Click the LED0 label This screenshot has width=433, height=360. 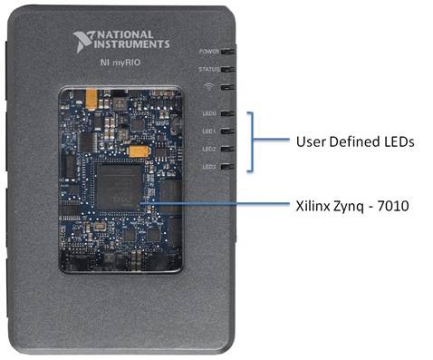(208, 114)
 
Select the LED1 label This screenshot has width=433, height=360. (208, 131)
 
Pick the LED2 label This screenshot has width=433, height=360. (208, 149)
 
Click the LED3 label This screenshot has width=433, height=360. (208, 167)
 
